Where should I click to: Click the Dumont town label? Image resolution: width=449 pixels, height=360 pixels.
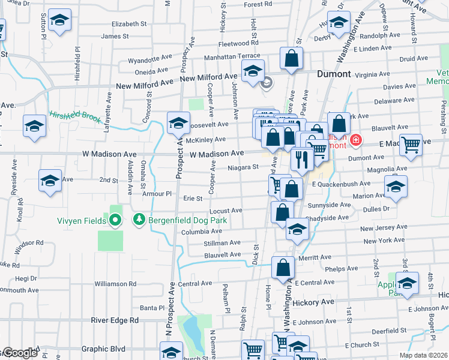tap(334, 74)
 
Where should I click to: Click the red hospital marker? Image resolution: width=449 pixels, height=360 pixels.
tap(356, 140)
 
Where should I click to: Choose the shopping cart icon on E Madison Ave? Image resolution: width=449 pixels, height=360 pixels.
tap(411, 144)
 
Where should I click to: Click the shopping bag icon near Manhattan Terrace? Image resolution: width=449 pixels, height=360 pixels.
tap(291, 59)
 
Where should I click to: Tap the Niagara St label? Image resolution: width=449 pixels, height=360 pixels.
tap(243, 168)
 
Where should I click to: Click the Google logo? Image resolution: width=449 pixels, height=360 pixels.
tap(19, 353)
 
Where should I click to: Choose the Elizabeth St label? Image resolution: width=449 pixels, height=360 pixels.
tap(129, 24)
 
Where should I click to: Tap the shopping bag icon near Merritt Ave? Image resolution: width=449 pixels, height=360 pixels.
tap(283, 268)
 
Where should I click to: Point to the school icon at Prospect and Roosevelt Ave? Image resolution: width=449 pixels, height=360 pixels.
tap(178, 124)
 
